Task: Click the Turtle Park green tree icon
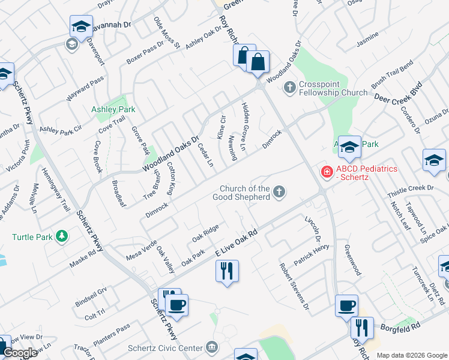click(61, 236)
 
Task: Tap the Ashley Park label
click(113, 110)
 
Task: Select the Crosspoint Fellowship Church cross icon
click(289, 88)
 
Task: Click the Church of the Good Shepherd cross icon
click(278, 193)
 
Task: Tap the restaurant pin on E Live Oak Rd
click(227, 271)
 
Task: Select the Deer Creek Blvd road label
click(398, 94)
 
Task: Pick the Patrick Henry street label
click(311, 255)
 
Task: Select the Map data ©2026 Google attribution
click(412, 355)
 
